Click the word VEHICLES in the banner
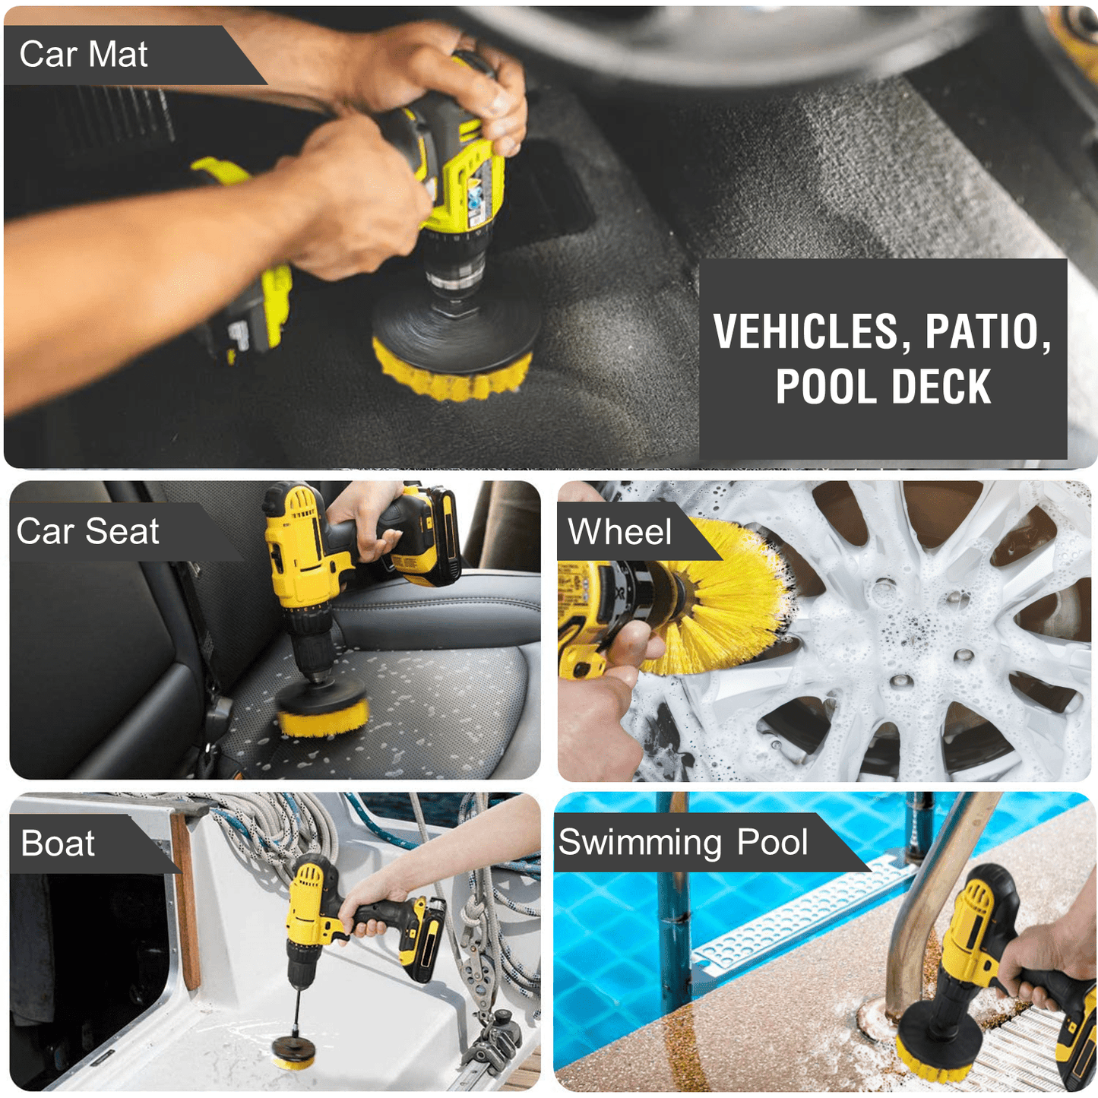pyautogui.click(x=809, y=331)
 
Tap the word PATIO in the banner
pyautogui.click(x=988, y=331)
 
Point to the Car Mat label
pyautogui.click(x=83, y=55)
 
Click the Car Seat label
pyautogui.click(x=87, y=532)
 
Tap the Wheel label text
pyautogui.click(x=619, y=532)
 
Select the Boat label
pyautogui.click(x=58, y=843)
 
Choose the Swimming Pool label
pyautogui.click(x=683, y=842)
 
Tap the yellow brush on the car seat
pyautogui.click(x=323, y=719)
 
